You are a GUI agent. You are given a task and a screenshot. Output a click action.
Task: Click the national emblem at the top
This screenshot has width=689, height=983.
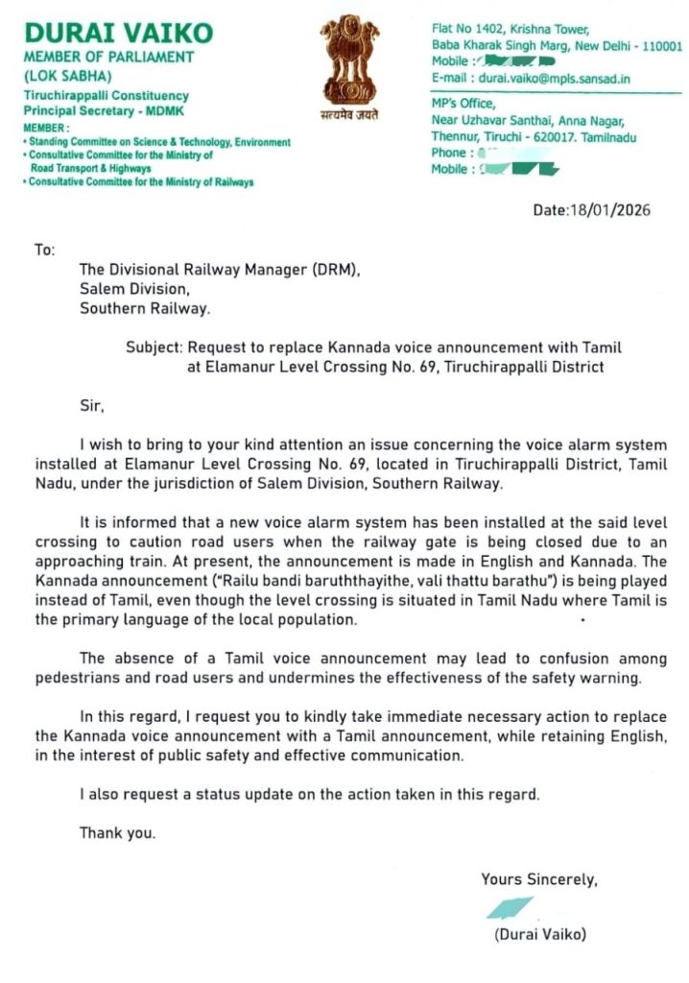(x=349, y=59)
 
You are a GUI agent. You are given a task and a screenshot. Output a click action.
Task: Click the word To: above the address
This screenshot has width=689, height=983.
(x=45, y=250)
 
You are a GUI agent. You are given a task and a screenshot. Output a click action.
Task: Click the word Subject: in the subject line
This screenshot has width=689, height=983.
(x=154, y=348)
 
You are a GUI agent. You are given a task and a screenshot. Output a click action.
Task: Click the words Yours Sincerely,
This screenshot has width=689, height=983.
(x=539, y=878)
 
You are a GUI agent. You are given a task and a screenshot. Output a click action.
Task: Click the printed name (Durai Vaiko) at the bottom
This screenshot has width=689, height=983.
(x=537, y=934)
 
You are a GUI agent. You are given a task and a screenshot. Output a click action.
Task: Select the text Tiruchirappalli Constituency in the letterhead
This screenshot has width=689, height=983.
(x=106, y=96)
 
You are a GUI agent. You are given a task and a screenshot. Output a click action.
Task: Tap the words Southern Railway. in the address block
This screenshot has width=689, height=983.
(x=144, y=309)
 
